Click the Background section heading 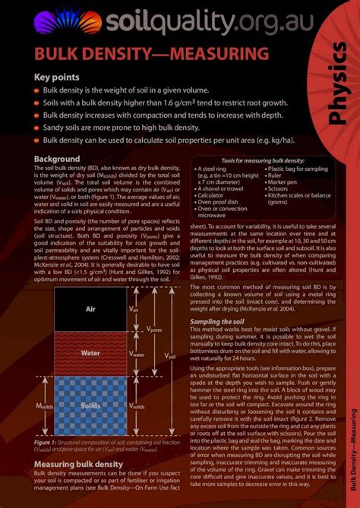click(57, 159)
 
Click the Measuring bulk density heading click(78, 464)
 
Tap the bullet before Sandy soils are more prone click(36, 128)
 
